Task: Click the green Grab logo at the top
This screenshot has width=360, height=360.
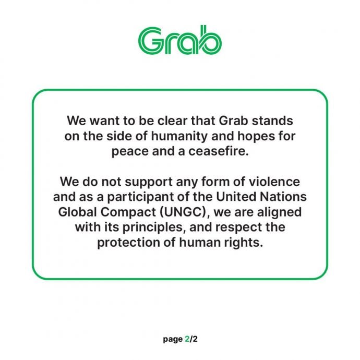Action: pos(180,41)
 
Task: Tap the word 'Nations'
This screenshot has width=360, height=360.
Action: pos(273,199)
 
